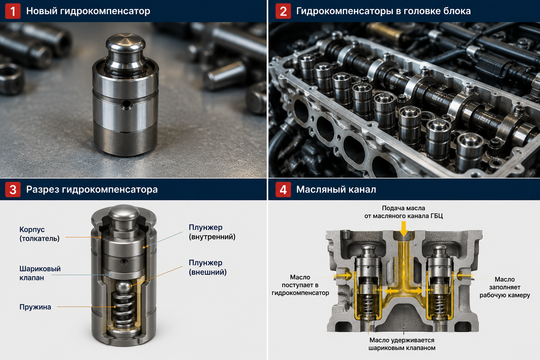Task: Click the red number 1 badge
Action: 13,11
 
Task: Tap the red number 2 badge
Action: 283,11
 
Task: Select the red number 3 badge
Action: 13,189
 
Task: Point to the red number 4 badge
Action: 283,189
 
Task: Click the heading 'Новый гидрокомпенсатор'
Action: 88,11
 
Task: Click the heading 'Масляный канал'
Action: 336,189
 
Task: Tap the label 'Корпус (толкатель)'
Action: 39,234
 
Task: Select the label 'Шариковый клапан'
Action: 40,273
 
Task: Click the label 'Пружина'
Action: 35,307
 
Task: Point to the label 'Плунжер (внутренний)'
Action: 212,232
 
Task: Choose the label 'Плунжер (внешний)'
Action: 208,267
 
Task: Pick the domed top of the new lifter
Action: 126,43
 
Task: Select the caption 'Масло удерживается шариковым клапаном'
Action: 402,344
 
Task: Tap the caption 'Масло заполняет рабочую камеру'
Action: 504,287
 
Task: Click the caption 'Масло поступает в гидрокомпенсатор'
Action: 300,285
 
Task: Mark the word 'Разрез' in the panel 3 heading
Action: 43,189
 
